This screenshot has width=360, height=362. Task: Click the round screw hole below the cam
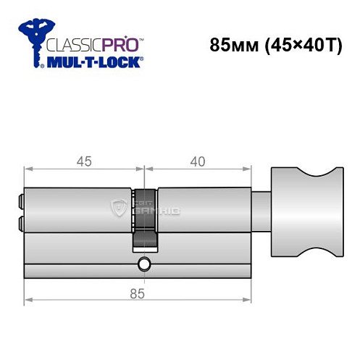point(144,264)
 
